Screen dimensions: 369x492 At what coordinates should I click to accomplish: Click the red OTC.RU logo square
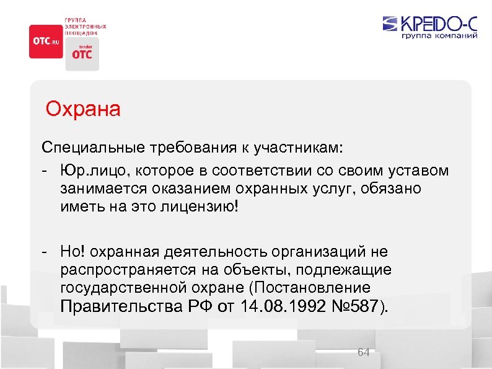tap(45, 42)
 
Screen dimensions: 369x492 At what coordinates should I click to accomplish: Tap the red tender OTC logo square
tap(82, 54)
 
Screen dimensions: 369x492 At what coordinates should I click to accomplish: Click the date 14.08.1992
tap(280, 307)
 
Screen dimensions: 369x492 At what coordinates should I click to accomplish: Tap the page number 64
tap(364, 352)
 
